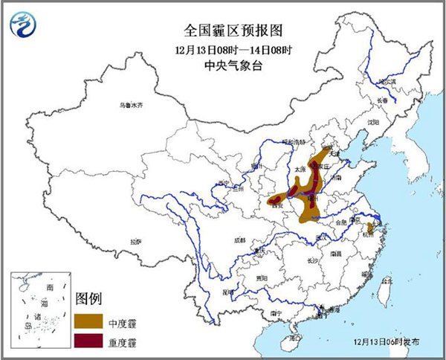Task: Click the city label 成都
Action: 239,240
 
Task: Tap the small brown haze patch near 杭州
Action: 369,226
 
